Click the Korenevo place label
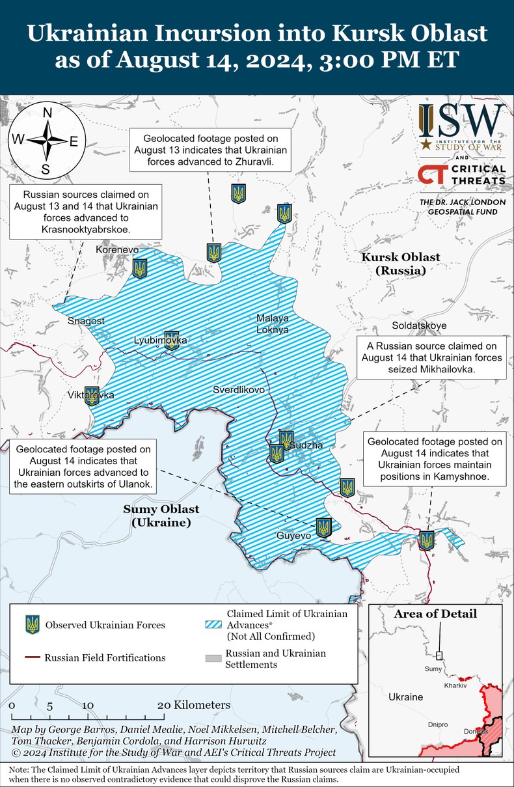pos(117,250)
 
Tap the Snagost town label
pos(86,321)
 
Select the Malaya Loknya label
pos(273,324)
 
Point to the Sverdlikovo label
pos(239,389)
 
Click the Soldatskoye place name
pos(419,325)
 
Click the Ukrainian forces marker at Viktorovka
pos(92,396)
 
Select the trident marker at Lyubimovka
pos(172,340)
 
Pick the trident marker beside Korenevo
pos(140,268)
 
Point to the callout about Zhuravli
pos(211,150)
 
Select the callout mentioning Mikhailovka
pos(431,357)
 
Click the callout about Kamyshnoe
pos(435,460)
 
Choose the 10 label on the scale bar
pos(88,705)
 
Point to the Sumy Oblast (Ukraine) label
pos(161,516)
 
